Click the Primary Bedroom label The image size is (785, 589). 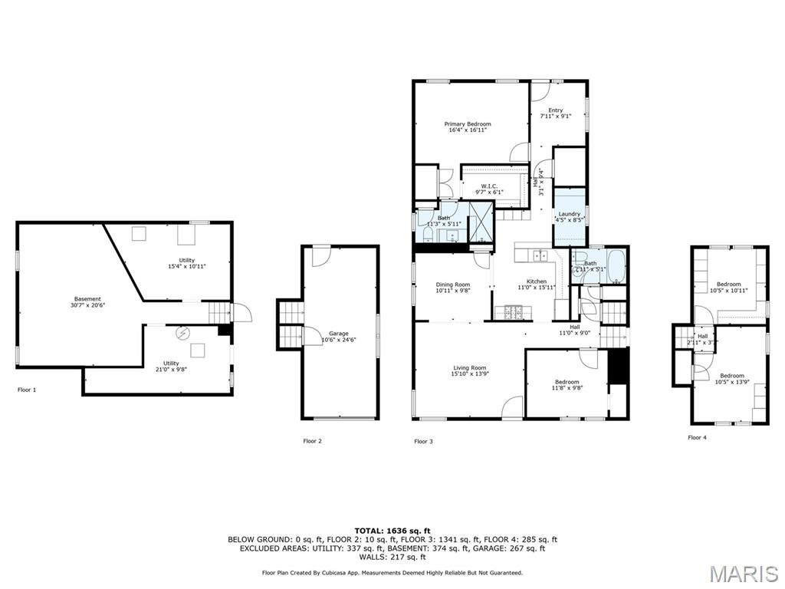tap(468, 123)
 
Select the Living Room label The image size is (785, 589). tap(468, 368)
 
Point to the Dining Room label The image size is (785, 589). tap(452, 285)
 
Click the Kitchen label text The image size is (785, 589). tap(536, 281)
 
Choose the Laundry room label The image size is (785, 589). tap(570, 214)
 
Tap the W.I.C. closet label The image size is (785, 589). tap(490, 186)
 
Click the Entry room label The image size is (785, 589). tap(555, 110)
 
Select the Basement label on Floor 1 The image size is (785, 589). tap(87, 299)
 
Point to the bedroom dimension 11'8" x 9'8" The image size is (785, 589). tap(567, 388)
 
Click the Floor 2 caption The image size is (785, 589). tap(312, 441)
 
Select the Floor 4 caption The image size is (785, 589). tap(697, 437)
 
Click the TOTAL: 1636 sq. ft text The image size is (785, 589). tap(392, 531)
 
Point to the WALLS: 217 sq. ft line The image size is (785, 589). tap(392, 557)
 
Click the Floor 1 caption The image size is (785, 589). tap(27, 390)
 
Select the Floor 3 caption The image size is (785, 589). tap(423, 441)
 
